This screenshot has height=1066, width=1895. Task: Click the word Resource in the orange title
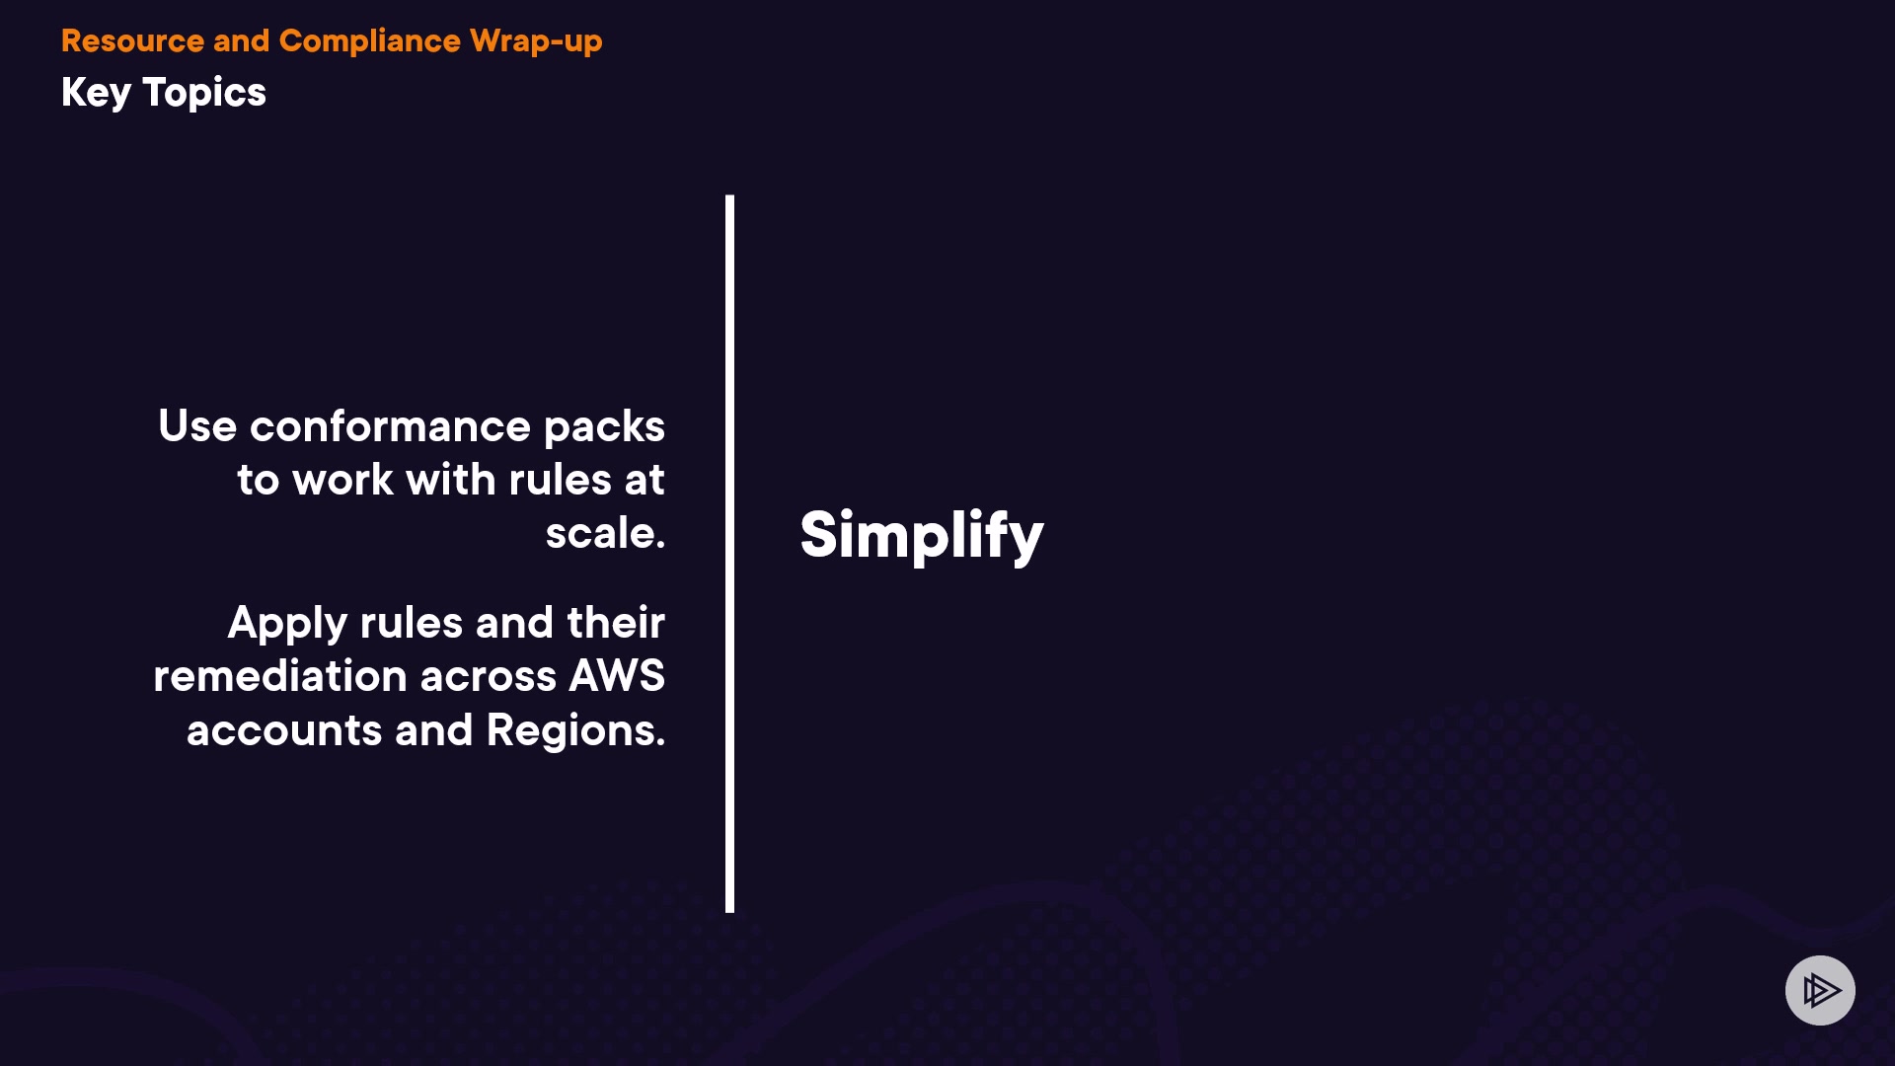pos(132,40)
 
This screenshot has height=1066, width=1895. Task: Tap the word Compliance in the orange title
pos(369,40)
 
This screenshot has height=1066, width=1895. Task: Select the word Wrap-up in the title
pos(536,41)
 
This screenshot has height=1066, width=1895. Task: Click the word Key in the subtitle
pos(96,93)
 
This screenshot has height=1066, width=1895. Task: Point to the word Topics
pos(204,93)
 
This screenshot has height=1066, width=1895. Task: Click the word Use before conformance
pos(197,426)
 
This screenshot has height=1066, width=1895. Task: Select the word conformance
pos(390,426)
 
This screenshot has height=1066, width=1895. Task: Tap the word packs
pos(604,427)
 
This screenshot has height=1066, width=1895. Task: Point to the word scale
pos(604,533)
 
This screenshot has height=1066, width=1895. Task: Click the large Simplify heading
pos(921,535)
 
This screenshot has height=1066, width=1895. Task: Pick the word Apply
pos(287,624)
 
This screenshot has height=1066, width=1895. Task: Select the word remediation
pos(280,676)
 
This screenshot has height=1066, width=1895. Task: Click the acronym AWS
pos(617,676)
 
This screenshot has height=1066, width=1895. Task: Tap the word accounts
pos(284,730)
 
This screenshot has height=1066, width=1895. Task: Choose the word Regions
pos(574,731)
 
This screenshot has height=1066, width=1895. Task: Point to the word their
pos(616,623)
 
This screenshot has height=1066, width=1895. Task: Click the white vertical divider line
pos(729,553)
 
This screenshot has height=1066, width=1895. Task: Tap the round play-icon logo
pos(1820,990)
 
